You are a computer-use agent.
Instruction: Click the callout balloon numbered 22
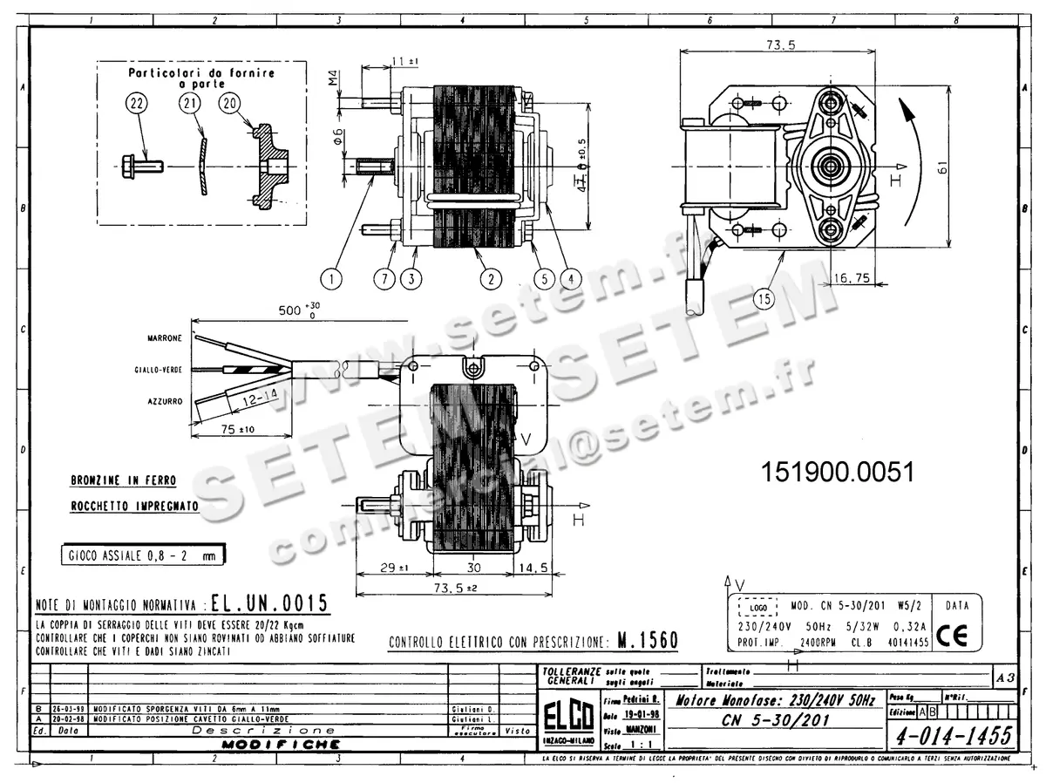[x=136, y=104]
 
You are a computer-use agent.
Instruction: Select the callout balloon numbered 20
[x=230, y=104]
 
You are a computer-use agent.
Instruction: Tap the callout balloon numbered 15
[x=764, y=299]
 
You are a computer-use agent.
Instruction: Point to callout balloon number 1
[x=330, y=279]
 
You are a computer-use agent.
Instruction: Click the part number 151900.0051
[x=838, y=473]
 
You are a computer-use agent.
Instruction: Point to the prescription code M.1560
[x=647, y=641]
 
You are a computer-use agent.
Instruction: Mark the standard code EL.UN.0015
[x=269, y=603]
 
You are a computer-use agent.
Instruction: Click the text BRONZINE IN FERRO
[x=123, y=480]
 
